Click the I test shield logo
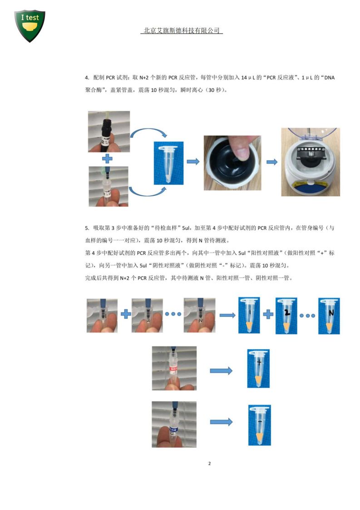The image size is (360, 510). pos(30,25)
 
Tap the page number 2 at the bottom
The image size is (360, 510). pos(209,464)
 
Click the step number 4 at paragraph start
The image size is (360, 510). pos(86,78)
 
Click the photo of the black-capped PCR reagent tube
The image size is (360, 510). pos(108,132)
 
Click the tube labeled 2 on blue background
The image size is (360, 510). pos(286,316)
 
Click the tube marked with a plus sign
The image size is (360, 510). pos(258,368)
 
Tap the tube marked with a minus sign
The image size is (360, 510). pos(259,425)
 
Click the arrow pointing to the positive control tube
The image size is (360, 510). pos(221,371)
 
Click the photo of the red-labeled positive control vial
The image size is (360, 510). pos(174,368)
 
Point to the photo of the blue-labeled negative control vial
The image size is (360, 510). pos(174,424)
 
